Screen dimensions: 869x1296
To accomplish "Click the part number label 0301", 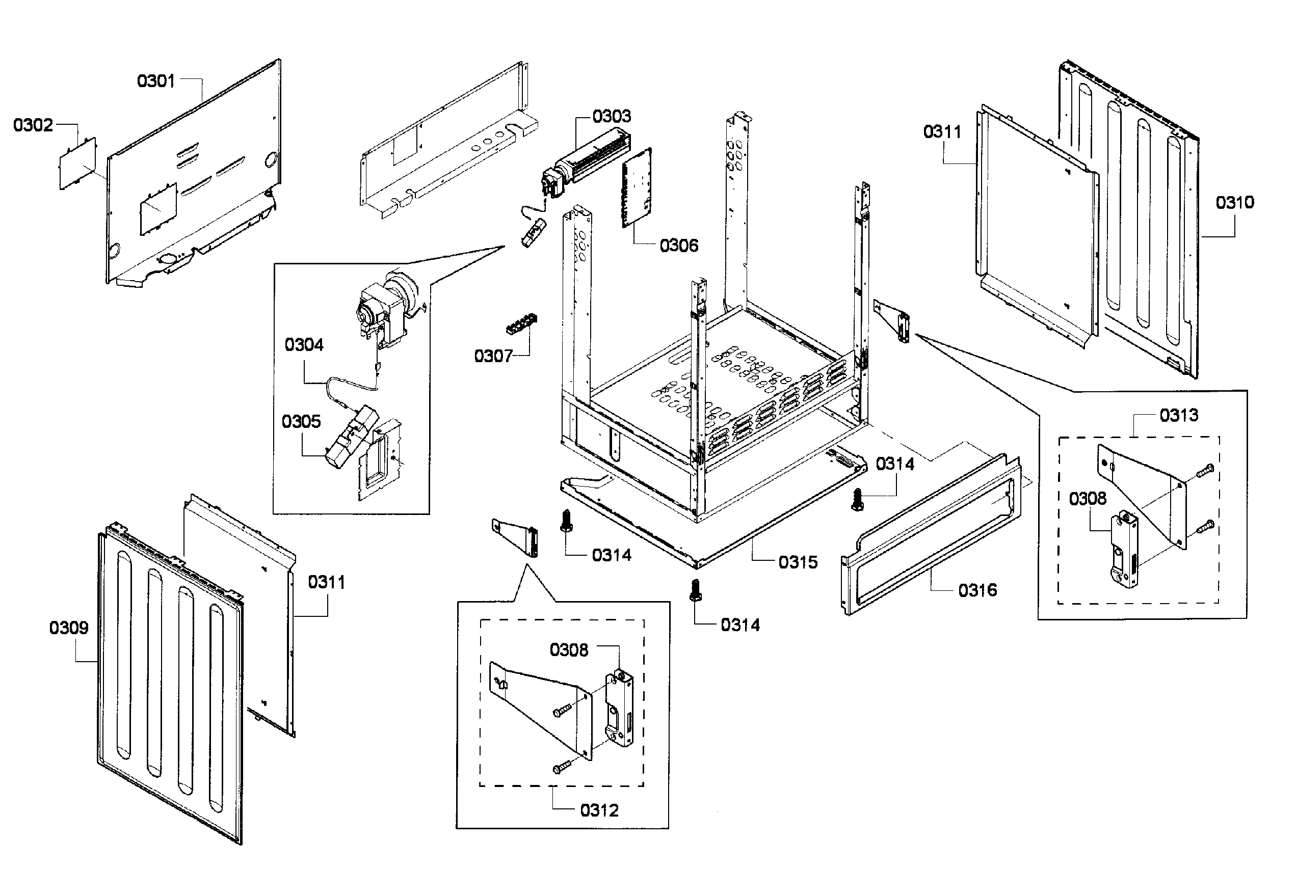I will pos(156,82).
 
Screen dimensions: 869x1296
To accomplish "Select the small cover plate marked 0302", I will pos(78,164).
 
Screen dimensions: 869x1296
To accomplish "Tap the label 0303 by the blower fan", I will pos(612,116).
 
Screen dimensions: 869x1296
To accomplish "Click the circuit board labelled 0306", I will pos(637,188).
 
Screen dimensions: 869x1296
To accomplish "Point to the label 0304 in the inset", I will pos(304,345).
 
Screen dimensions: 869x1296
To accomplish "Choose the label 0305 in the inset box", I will pos(301,421).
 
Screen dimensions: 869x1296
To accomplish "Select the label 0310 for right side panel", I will pos(1234,202).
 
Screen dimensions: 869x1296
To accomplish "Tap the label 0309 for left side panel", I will pos(69,628).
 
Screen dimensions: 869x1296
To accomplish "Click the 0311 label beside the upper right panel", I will pos(942,132).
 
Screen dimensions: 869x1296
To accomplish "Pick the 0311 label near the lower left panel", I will pos(327,582).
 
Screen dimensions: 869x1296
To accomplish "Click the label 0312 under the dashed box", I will pos(599,810).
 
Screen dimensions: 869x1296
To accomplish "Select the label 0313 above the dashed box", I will pos(1178,415).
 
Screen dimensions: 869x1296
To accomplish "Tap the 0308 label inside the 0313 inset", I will pos(1088,499).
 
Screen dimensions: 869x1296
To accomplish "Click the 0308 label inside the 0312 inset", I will pos(569,649).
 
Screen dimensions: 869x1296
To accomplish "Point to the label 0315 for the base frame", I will pos(798,562).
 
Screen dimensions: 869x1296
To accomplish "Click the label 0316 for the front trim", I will pos(977,590).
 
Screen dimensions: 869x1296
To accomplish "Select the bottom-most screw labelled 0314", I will pos(695,590).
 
